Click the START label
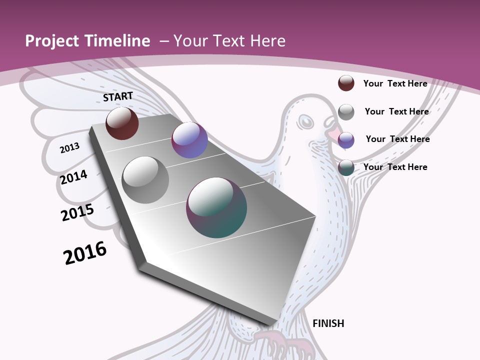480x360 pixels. coord(118,96)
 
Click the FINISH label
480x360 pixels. coord(328,323)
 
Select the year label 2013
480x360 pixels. coord(69,147)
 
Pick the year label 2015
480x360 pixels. coord(77,212)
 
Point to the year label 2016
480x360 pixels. coord(85,253)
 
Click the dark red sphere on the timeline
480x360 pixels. coord(122,123)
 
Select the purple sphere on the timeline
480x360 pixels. coord(189,140)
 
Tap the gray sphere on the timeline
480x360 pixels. coord(145,180)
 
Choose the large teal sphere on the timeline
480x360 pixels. coord(216,207)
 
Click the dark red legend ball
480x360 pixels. coord(346,83)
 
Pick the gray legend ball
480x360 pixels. coord(346,112)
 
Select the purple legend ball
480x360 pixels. coord(346,140)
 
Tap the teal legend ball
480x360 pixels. coord(346,168)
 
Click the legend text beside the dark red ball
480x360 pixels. coord(395,83)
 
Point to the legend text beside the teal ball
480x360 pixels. coord(395,167)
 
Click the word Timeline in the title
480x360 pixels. coord(117,41)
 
